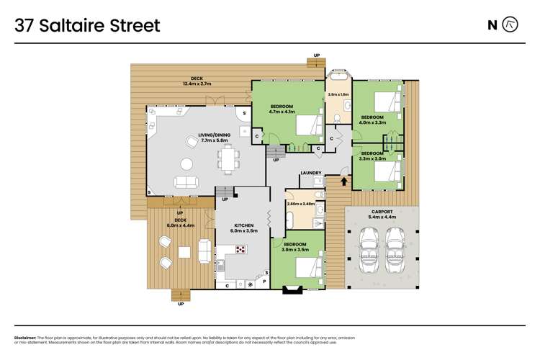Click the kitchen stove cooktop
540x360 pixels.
(x=239, y=250)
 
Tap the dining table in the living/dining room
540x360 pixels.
(x=230, y=158)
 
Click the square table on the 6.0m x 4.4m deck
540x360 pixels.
(x=184, y=252)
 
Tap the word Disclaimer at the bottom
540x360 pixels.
(x=27, y=338)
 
